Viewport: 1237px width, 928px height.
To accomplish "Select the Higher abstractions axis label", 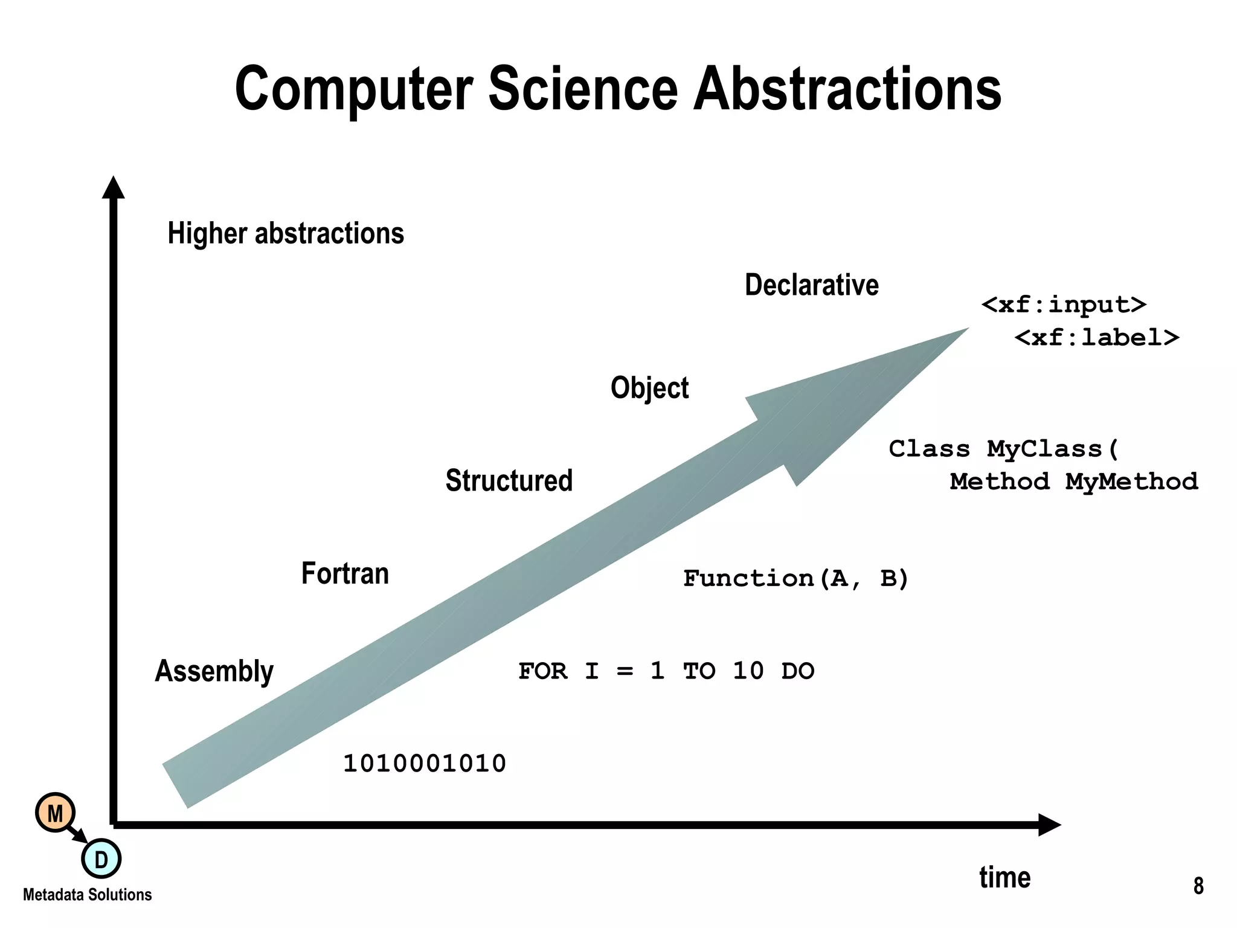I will [286, 233].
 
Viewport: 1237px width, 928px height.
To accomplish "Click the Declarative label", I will [811, 285].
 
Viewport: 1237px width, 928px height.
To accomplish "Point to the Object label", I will [649, 388].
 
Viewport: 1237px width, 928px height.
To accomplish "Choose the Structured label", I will [509, 481].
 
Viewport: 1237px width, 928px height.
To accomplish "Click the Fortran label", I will [345, 573].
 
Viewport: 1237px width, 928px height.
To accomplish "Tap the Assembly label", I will [214, 671].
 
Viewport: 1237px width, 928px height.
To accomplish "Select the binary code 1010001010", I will [424, 764].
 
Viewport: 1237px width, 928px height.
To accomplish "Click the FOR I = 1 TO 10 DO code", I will [666, 671].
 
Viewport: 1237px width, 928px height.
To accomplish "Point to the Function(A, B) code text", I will [795, 579].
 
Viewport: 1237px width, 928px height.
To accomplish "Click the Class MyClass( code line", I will [1003, 449].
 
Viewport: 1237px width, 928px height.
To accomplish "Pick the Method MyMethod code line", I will [1073, 482].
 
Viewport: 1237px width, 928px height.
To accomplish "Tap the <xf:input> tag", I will [1064, 304].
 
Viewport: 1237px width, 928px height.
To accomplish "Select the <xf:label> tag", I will [1096, 337].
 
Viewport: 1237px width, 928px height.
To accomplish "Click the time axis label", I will [1004, 877].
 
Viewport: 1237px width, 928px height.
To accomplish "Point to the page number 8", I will [1198, 886].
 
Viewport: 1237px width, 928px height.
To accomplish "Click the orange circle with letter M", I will [55, 813].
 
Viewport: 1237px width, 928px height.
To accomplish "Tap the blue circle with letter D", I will [101, 859].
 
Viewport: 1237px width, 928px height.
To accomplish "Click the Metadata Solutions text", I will [87, 895].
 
